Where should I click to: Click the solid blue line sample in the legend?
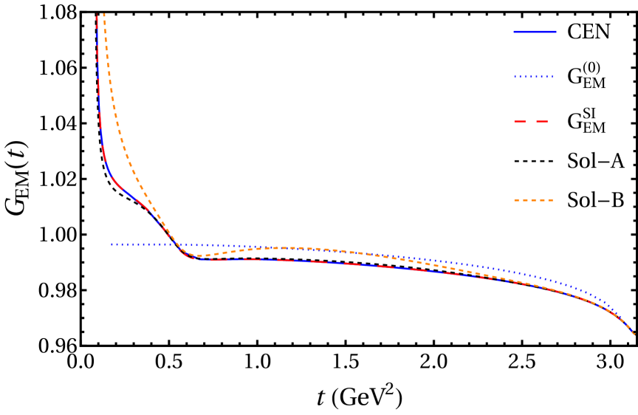tap(535, 32)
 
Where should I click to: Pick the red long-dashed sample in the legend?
tap(531, 121)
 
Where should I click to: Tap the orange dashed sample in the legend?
tap(533, 200)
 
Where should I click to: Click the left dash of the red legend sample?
tap(520, 121)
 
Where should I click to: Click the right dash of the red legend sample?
tap(542, 121)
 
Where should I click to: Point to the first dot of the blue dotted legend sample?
tap(516, 77)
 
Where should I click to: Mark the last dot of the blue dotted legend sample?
tap(551, 77)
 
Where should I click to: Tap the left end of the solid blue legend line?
tap(515, 32)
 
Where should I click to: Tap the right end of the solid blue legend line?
tap(555, 32)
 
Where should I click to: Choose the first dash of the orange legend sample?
tap(518, 200)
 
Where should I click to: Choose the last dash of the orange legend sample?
tap(549, 200)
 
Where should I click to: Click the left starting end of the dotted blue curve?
tap(112, 244)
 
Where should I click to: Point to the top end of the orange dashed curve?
tap(103, 14)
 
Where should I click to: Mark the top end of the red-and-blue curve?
tap(97, 16)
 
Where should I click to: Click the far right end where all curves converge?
tap(634, 334)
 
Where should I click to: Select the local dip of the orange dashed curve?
tap(200, 255)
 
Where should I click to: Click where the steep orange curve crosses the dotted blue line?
tap(174, 244)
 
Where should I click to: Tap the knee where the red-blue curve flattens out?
tap(194, 259)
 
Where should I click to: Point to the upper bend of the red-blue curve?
tap(111, 174)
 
